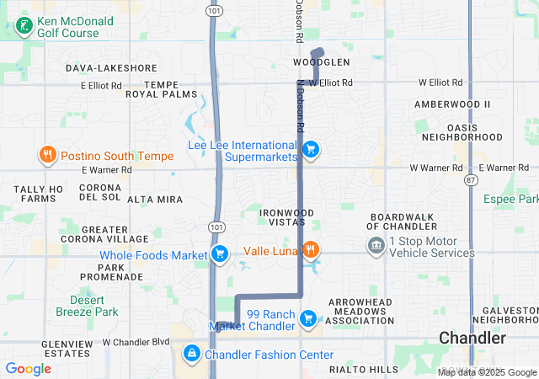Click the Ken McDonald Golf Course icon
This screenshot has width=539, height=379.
pyautogui.click(x=24, y=26)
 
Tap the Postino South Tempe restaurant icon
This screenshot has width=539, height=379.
pyautogui.click(x=47, y=155)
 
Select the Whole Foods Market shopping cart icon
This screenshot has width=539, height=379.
pyautogui.click(x=220, y=254)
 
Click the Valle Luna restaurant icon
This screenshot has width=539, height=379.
pyautogui.click(x=311, y=249)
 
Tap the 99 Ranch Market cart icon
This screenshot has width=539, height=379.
pyautogui.click(x=309, y=318)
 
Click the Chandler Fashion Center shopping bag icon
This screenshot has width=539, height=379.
pyautogui.click(x=192, y=354)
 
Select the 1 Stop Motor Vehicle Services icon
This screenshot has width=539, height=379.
pyautogui.click(x=376, y=246)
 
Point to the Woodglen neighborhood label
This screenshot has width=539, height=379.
pyautogui.click(x=321, y=63)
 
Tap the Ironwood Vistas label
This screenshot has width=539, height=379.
pyautogui.click(x=275, y=216)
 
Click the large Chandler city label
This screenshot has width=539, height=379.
pyautogui.click(x=472, y=338)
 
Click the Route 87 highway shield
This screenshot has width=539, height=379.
pyautogui.click(x=471, y=180)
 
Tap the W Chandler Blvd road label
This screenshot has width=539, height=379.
pyautogui.click(x=136, y=342)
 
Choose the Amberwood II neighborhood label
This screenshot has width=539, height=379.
pyautogui.click(x=451, y=104)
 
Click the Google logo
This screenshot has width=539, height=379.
pyautogui.click(x=28, y=368)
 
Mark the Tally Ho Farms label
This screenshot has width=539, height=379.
pyautogui.click(x=39, y=194)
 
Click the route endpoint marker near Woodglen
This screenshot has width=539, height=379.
pyautogui.click(x=318, y=52)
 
